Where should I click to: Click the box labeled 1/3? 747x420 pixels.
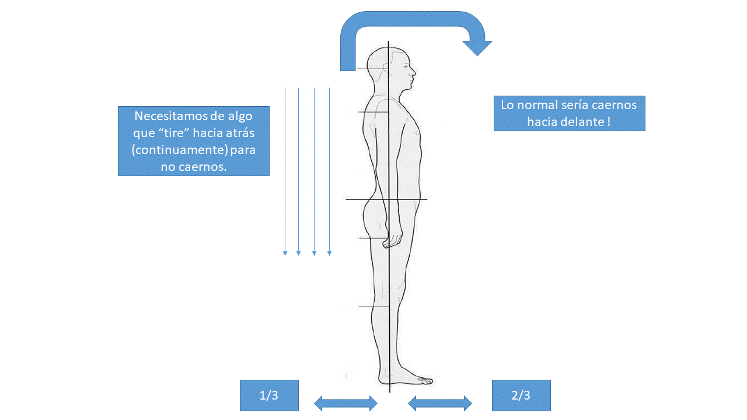click(x=269, y=395)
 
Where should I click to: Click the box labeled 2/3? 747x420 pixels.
click(x=521, y=395)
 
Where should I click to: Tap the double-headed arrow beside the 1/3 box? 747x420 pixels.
click(x=345, y=402)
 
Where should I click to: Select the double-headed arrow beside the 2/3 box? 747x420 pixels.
click(x=440, y=402)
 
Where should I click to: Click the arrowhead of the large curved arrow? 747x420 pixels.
click(x=477, y=48)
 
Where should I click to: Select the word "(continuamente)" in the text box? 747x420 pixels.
click(x=180, y=150)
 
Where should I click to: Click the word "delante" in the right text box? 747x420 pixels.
click(x=580, y=122)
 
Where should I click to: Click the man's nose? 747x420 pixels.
click(x=414, y=72)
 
